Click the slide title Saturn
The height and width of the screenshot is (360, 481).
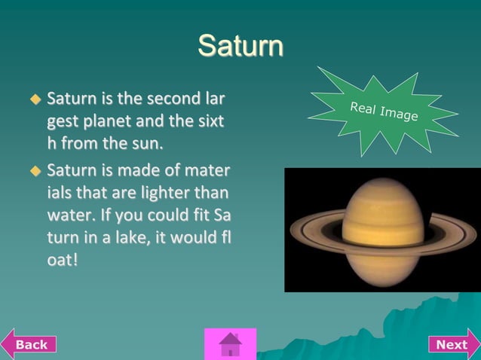pyautogui.click(x=240, y=46)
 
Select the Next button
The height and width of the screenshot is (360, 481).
pyautogui.click(x=453, y=344)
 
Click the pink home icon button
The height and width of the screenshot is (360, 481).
pyautogui.click(x=230, y=344)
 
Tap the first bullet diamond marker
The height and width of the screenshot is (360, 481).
pyautogui.click(x=34, y=99)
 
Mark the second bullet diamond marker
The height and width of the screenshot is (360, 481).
pyautogui.click(x=34, y=171)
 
